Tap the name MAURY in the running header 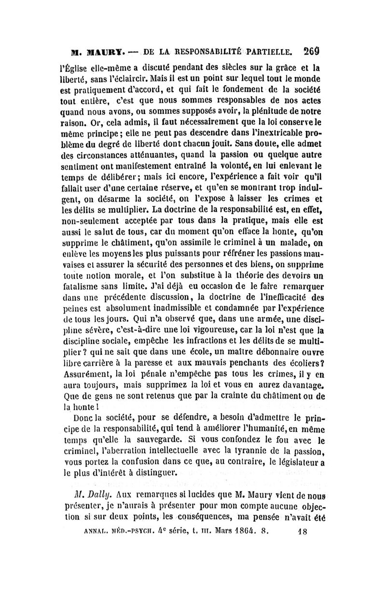[x=96, y=50]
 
